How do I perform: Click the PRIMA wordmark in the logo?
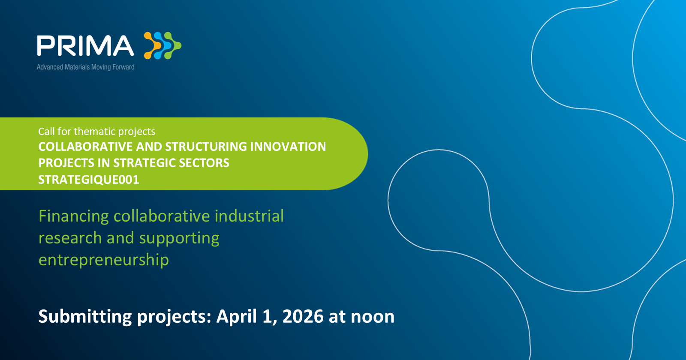pyautogui.click(x=85, y=45)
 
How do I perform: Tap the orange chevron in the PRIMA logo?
pyautogui.click(x=152, y=45)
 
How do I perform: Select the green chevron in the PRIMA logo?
pyautogui.click(x=173, y=45)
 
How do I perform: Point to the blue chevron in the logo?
pyautogui.click(x=162, y=45)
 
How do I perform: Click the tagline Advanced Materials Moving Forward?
pyautogui.click(x=85, y=67)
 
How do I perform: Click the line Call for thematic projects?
pyautogui.click(x=97, y=132)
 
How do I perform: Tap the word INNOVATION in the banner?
pyautogui.click(x=288, y=147)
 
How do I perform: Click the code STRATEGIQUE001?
pyautogui.click(x=89, y=180)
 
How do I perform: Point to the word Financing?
pyautogui.click(x=73, y=216)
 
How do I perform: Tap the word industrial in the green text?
pyautogui.click(x=249, y=216)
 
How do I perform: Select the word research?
pyautogui.click(x=70, y=238)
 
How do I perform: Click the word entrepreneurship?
pyautogui.click(x=104, y=260)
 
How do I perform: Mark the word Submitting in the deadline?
pyautogui.click(x=85, y=317)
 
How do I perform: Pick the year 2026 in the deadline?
pyautogui.click(x=303, y=316)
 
